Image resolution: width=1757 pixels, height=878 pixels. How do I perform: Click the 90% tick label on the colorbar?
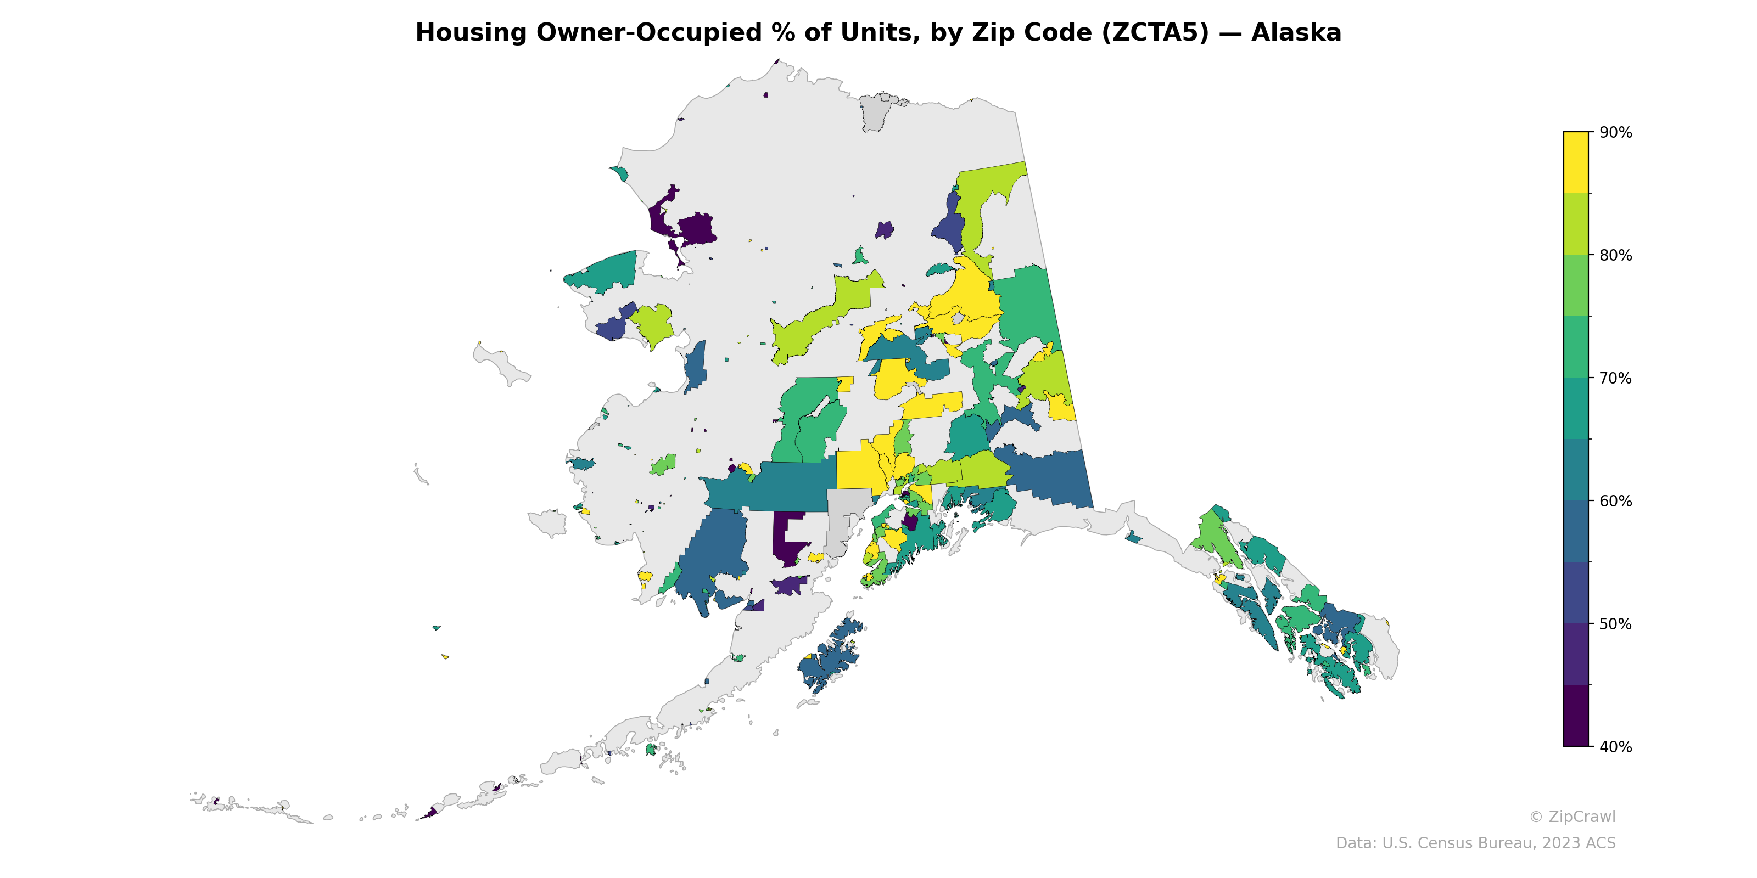click(x=1615, y=133)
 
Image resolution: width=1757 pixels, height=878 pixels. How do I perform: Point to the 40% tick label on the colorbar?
click(x=1615, y=747)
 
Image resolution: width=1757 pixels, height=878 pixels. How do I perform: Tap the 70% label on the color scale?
click(x=1615, y=378)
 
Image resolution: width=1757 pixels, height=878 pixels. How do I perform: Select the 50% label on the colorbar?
click(x=1615, y=624)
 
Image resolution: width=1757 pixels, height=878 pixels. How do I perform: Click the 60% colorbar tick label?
click(x=1615, y=502)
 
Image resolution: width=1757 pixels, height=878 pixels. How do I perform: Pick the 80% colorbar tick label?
click(x=1615, y=256)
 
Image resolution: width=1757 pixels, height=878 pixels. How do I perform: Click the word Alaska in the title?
click(x=1296, y=33)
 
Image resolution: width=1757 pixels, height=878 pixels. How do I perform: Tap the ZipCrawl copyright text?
click(x=1571, y=817)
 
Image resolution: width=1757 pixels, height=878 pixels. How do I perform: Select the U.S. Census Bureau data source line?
click(x=1475, y=843)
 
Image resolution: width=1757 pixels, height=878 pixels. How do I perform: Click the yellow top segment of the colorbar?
click(x=1576, y=162)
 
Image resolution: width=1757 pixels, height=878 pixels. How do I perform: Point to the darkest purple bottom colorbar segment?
click(x=1576, y=716)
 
